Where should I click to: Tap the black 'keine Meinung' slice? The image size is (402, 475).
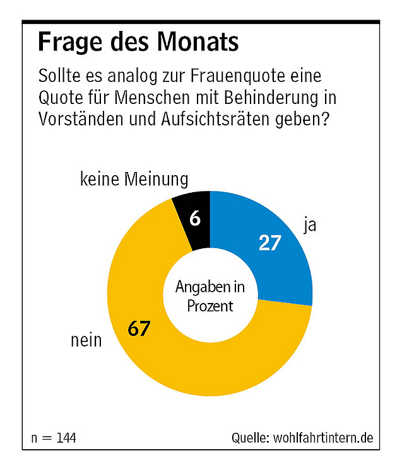coord(193,208)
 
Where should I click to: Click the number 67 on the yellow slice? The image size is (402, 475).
coord(138,329)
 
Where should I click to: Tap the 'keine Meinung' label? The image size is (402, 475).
coord(134,180)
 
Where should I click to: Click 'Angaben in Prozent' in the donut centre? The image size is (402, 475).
coord(210,297)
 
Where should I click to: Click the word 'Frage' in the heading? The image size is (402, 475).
coord(64,42)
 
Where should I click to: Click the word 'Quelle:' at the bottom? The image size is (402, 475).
coord(251,438)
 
